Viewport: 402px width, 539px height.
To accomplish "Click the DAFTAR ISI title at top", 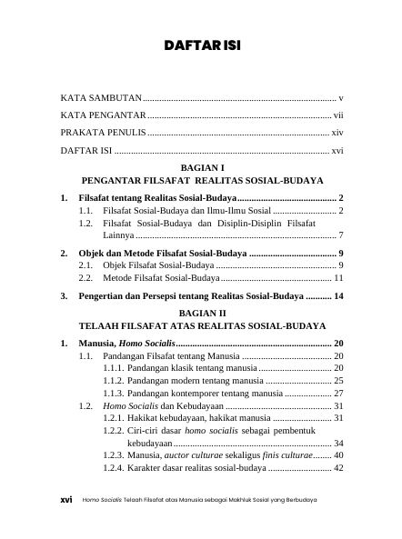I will pos(201,45).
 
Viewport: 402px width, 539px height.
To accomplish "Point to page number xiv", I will pos(337,133).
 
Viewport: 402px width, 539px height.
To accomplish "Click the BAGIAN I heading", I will pos(202,168).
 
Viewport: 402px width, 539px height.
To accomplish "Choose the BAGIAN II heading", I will pos(202,310).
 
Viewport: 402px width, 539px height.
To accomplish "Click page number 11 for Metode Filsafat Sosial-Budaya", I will pos(337,277).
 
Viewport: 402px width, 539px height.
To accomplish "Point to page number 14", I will pos(337,296).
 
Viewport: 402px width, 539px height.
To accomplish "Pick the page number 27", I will pos(337,393).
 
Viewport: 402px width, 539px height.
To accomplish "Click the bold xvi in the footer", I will pos(65,500).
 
